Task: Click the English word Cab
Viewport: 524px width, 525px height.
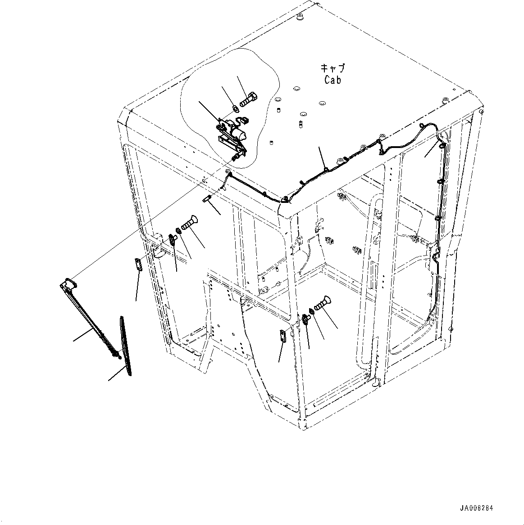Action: coord(333,80)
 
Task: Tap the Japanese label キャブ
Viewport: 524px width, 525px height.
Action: coord(333,68)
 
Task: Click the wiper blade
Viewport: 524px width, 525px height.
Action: coord(126,346)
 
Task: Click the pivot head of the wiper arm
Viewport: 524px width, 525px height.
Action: coord(69,283)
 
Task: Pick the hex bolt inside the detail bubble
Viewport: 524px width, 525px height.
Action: coord(248,99)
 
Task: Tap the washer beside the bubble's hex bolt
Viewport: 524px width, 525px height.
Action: coord(235,109)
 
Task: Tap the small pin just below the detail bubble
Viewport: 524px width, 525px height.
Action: coord(206,199)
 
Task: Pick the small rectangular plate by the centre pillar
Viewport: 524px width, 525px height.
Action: coord(283,336)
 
